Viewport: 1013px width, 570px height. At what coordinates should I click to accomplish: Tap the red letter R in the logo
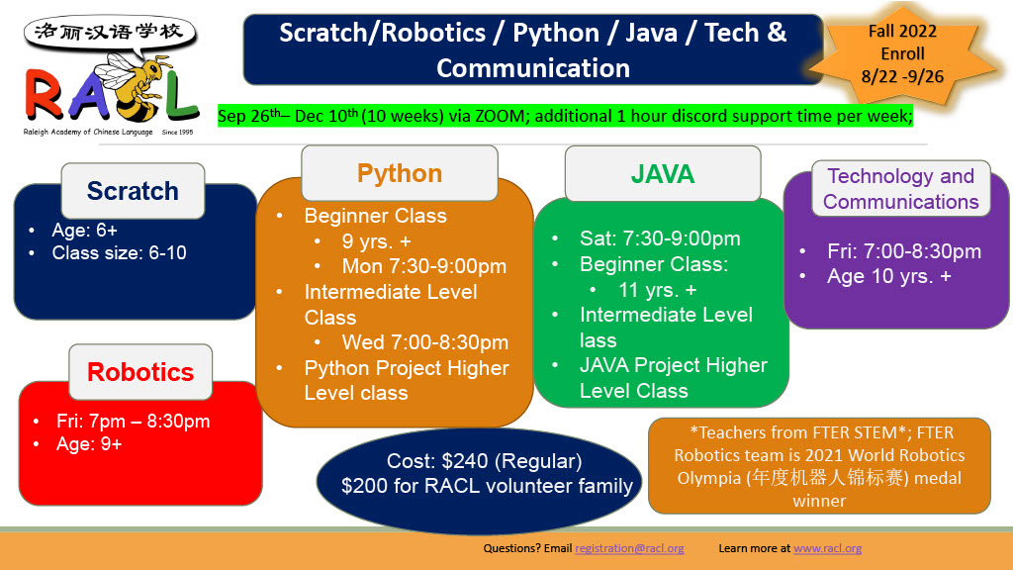click(x=45, y=94)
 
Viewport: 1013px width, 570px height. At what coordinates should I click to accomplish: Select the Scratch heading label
click(x=133, y=191)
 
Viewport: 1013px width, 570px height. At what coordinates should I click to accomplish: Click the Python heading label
click(x=400, y=173)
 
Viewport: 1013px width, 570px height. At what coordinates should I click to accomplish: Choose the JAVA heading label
click(x=663, y=174)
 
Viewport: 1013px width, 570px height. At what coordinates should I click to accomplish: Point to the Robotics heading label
click(x=140, y=372)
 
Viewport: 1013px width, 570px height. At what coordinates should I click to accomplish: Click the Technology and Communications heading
click(x=900, y=188)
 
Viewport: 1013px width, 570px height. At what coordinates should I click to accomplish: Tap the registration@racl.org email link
click(x=629, y=548)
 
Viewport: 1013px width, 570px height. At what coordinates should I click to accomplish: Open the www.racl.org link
click(x=828, y=548)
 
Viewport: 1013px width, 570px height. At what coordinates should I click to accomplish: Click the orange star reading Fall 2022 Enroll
click(x=902, y=55)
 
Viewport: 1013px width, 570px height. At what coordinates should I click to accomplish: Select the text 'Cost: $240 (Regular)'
click(x=484, y=461)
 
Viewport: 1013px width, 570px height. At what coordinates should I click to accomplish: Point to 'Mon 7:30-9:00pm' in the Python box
click(x=423, y=266)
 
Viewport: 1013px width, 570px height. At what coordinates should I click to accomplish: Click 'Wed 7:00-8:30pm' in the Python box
click(x=425, y=341)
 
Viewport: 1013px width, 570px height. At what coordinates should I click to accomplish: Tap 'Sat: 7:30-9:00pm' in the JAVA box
click(x=660, y=237)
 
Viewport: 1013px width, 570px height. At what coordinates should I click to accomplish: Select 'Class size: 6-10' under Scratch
click(x=119, y=252)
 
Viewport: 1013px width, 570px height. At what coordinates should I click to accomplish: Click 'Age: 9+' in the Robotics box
click(x=89, y=444)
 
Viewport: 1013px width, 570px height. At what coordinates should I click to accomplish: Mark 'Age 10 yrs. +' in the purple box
click(x=889, y=276)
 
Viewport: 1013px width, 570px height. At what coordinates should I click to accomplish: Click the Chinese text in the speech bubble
click(x=109, y=32)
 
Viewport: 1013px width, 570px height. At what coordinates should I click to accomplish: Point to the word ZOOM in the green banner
click(x=500, y=117)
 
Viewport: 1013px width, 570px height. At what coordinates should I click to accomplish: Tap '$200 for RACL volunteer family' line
click(x=487, y=485)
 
